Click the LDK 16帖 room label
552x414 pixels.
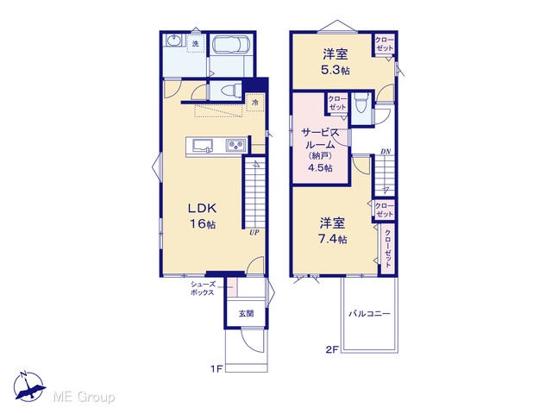[x=202, y=216]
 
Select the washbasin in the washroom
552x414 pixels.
[x=173, y=41]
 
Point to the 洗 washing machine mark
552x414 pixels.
[x=196, y=44]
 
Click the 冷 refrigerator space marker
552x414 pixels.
[x=255, y=103]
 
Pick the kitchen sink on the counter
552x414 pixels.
[x=203, y=146]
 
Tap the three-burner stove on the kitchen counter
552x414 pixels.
[x=235, y=145]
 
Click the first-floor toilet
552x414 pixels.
[x=229, y=91]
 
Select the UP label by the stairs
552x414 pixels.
[x=254, y=232]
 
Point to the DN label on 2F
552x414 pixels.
[x=386, y=152]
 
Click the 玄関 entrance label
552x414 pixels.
[x=246, y=313]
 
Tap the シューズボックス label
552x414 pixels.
[x=203, y=288]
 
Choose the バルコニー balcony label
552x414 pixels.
[x=369, y=313]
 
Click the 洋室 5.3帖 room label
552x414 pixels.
[x=336, y=62]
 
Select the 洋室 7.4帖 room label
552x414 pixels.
[x=332, y=231]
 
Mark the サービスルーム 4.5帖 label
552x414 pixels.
[x=320, y=150]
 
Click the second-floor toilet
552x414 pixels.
[x=361, y=103]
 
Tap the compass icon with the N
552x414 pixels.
[x=28, y=386]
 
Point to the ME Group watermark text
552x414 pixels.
[x=84, y=397]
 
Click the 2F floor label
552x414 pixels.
[x=331, y=349]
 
